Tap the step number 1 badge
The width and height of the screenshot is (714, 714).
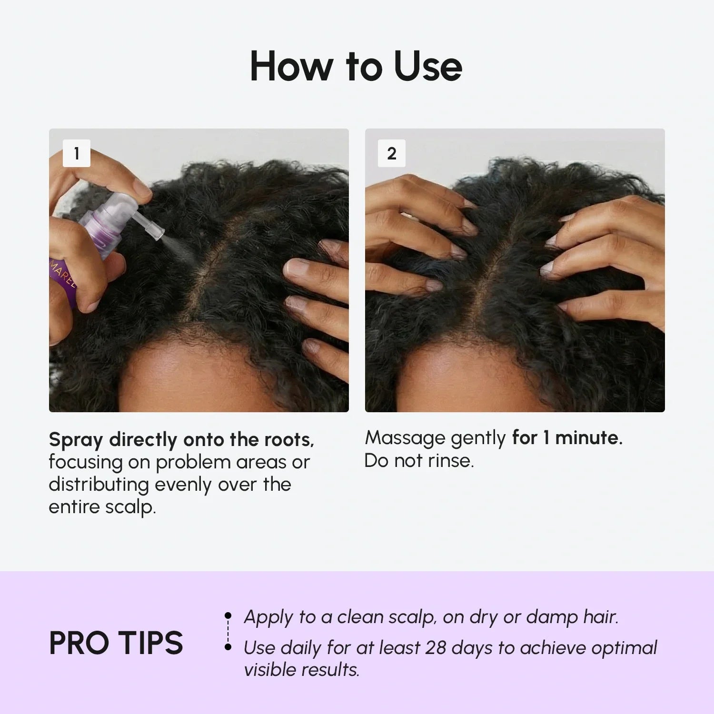point(77,153)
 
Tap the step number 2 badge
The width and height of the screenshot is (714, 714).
point(391,153)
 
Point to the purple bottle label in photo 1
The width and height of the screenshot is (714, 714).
point(64,281)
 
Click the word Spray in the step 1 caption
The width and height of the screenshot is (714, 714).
point(76,440)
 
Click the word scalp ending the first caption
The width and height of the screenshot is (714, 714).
point(129,507)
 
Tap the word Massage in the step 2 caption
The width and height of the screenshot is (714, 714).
point(405,438)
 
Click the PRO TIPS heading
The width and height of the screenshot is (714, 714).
point(116,643)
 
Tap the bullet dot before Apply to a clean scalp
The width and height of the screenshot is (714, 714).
point(228,616)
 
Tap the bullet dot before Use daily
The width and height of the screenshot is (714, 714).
point(228,647)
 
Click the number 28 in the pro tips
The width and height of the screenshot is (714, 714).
point(436,647)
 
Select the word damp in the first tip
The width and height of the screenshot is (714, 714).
point(551,617)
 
